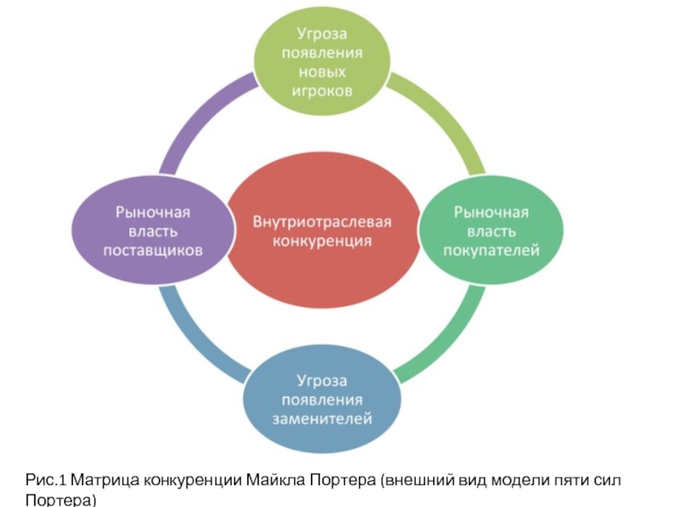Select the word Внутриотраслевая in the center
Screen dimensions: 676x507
coord(324,221)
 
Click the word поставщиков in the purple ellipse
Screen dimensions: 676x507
coord(153,250)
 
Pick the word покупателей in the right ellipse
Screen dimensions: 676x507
coord(492,250)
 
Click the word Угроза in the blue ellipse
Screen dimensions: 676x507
coord(321,379)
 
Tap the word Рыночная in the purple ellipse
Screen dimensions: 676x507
coord(153,211)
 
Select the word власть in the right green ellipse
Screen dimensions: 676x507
coord(492,231)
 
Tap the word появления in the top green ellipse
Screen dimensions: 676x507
coord(324,52)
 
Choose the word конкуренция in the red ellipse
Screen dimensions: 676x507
coord(324,241)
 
